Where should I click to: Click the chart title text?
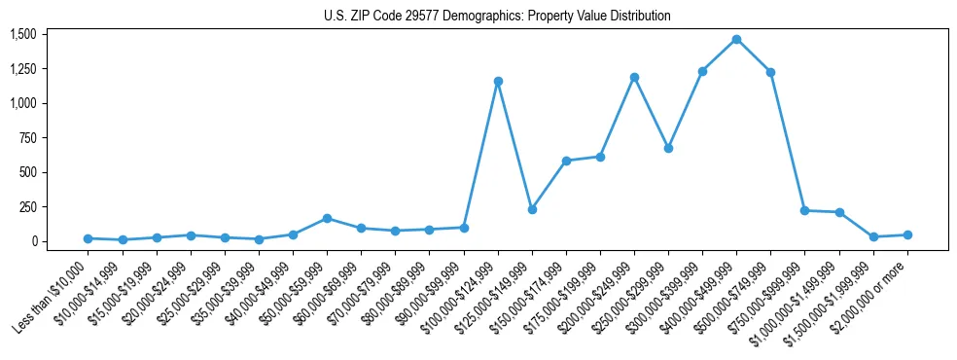(497, 17)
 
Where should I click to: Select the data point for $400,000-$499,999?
(736, 40)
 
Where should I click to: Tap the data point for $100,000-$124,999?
(498, 82)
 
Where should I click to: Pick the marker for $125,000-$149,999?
(532, 209)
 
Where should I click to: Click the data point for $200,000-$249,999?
(634, 77)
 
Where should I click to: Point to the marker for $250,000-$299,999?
(668, 149)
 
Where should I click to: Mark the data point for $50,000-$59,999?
(327, 218)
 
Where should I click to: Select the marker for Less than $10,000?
(89, 238)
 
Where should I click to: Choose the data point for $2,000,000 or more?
(906, 234)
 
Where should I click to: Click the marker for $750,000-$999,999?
(804, 210)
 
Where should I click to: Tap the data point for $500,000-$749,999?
(770, 72)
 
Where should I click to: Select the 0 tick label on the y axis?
(38, 241)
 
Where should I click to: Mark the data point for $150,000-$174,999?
(566, 161)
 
